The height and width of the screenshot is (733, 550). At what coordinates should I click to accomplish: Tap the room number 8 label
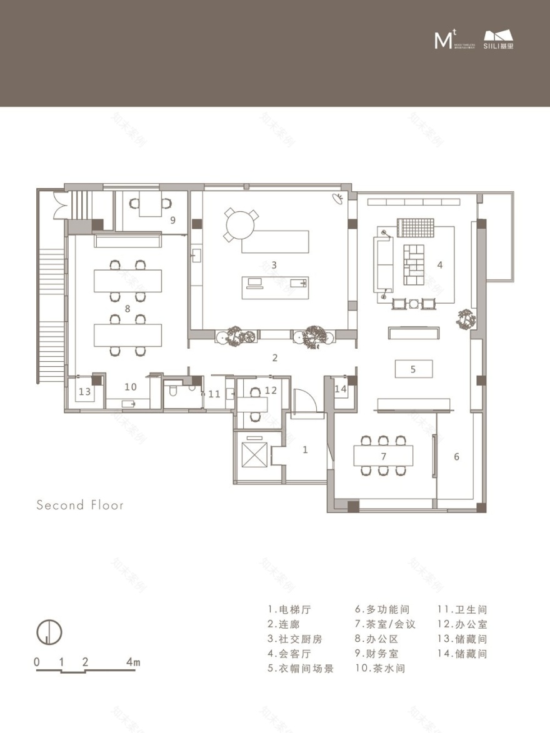coord(127,308)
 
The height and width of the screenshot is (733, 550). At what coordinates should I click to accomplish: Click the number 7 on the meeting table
coord(383,456)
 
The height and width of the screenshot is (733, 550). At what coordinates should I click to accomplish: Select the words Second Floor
coord(80,505)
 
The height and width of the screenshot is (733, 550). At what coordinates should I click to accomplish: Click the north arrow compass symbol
coord(48,632)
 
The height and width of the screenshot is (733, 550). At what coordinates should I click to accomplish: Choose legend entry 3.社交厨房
coord(296,639)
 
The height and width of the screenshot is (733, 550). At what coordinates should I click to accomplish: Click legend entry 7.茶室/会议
coord(385,624)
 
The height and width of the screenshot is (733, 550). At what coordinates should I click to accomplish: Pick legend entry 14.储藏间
coord(462,654)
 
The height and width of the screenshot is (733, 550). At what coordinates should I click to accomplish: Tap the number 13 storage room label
coord(84,392)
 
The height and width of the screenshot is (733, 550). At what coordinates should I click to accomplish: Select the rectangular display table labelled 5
coord(413,369)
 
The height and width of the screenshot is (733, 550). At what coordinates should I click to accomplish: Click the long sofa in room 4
coord(384,264)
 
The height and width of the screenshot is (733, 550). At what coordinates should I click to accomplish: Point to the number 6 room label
coord(457,457)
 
